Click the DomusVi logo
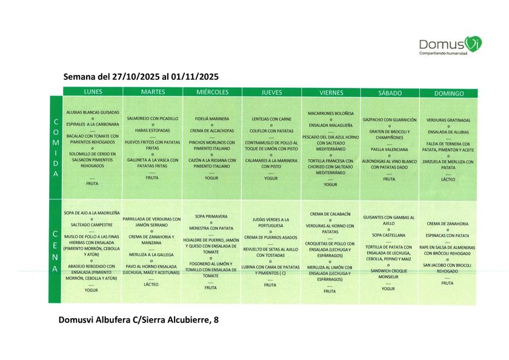pos(450,44)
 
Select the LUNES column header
pos(92,92)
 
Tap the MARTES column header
pos(152,92)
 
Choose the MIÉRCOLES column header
pos(212,92)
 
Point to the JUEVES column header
pos(271,93)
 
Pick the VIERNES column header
pos(331,93)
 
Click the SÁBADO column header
pos(389,93)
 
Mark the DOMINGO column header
pos(449,94)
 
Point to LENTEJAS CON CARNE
pos(271,119)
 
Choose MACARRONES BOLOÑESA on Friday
pos(330,113)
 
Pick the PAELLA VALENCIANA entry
pos(389,149)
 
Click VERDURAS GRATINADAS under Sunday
pos(448,120)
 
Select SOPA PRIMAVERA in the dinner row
pos(211,216)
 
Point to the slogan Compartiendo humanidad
pos(443,53)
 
